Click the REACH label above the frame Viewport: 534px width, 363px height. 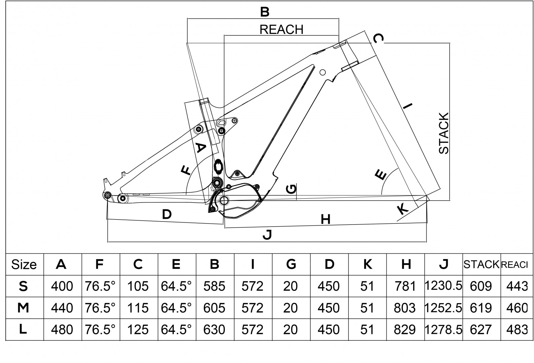coord(281,30)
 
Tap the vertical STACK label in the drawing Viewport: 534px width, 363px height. coord(444,133)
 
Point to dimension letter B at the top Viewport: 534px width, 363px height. coord(265,12)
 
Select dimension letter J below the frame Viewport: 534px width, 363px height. coord(266,235)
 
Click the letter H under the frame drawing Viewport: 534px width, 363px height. coord(325,219)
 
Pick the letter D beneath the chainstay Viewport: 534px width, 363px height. coord(167,214)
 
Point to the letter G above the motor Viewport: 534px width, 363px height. coord(291,189)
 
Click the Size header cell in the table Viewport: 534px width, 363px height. coord(24,265)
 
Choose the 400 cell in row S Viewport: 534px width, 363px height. coord(62,286)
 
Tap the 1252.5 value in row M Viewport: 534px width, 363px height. coord(443,308)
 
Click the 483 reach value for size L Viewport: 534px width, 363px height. coord(517,329)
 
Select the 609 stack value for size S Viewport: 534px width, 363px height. coord(481,286)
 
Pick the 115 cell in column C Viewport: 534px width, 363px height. coord(138,308)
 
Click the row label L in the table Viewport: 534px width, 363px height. coord(23,329)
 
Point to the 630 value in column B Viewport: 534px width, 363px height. coord(214,329)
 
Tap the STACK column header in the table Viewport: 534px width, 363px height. coord(481,265)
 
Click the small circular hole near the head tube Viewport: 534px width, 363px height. coord(322,72)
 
